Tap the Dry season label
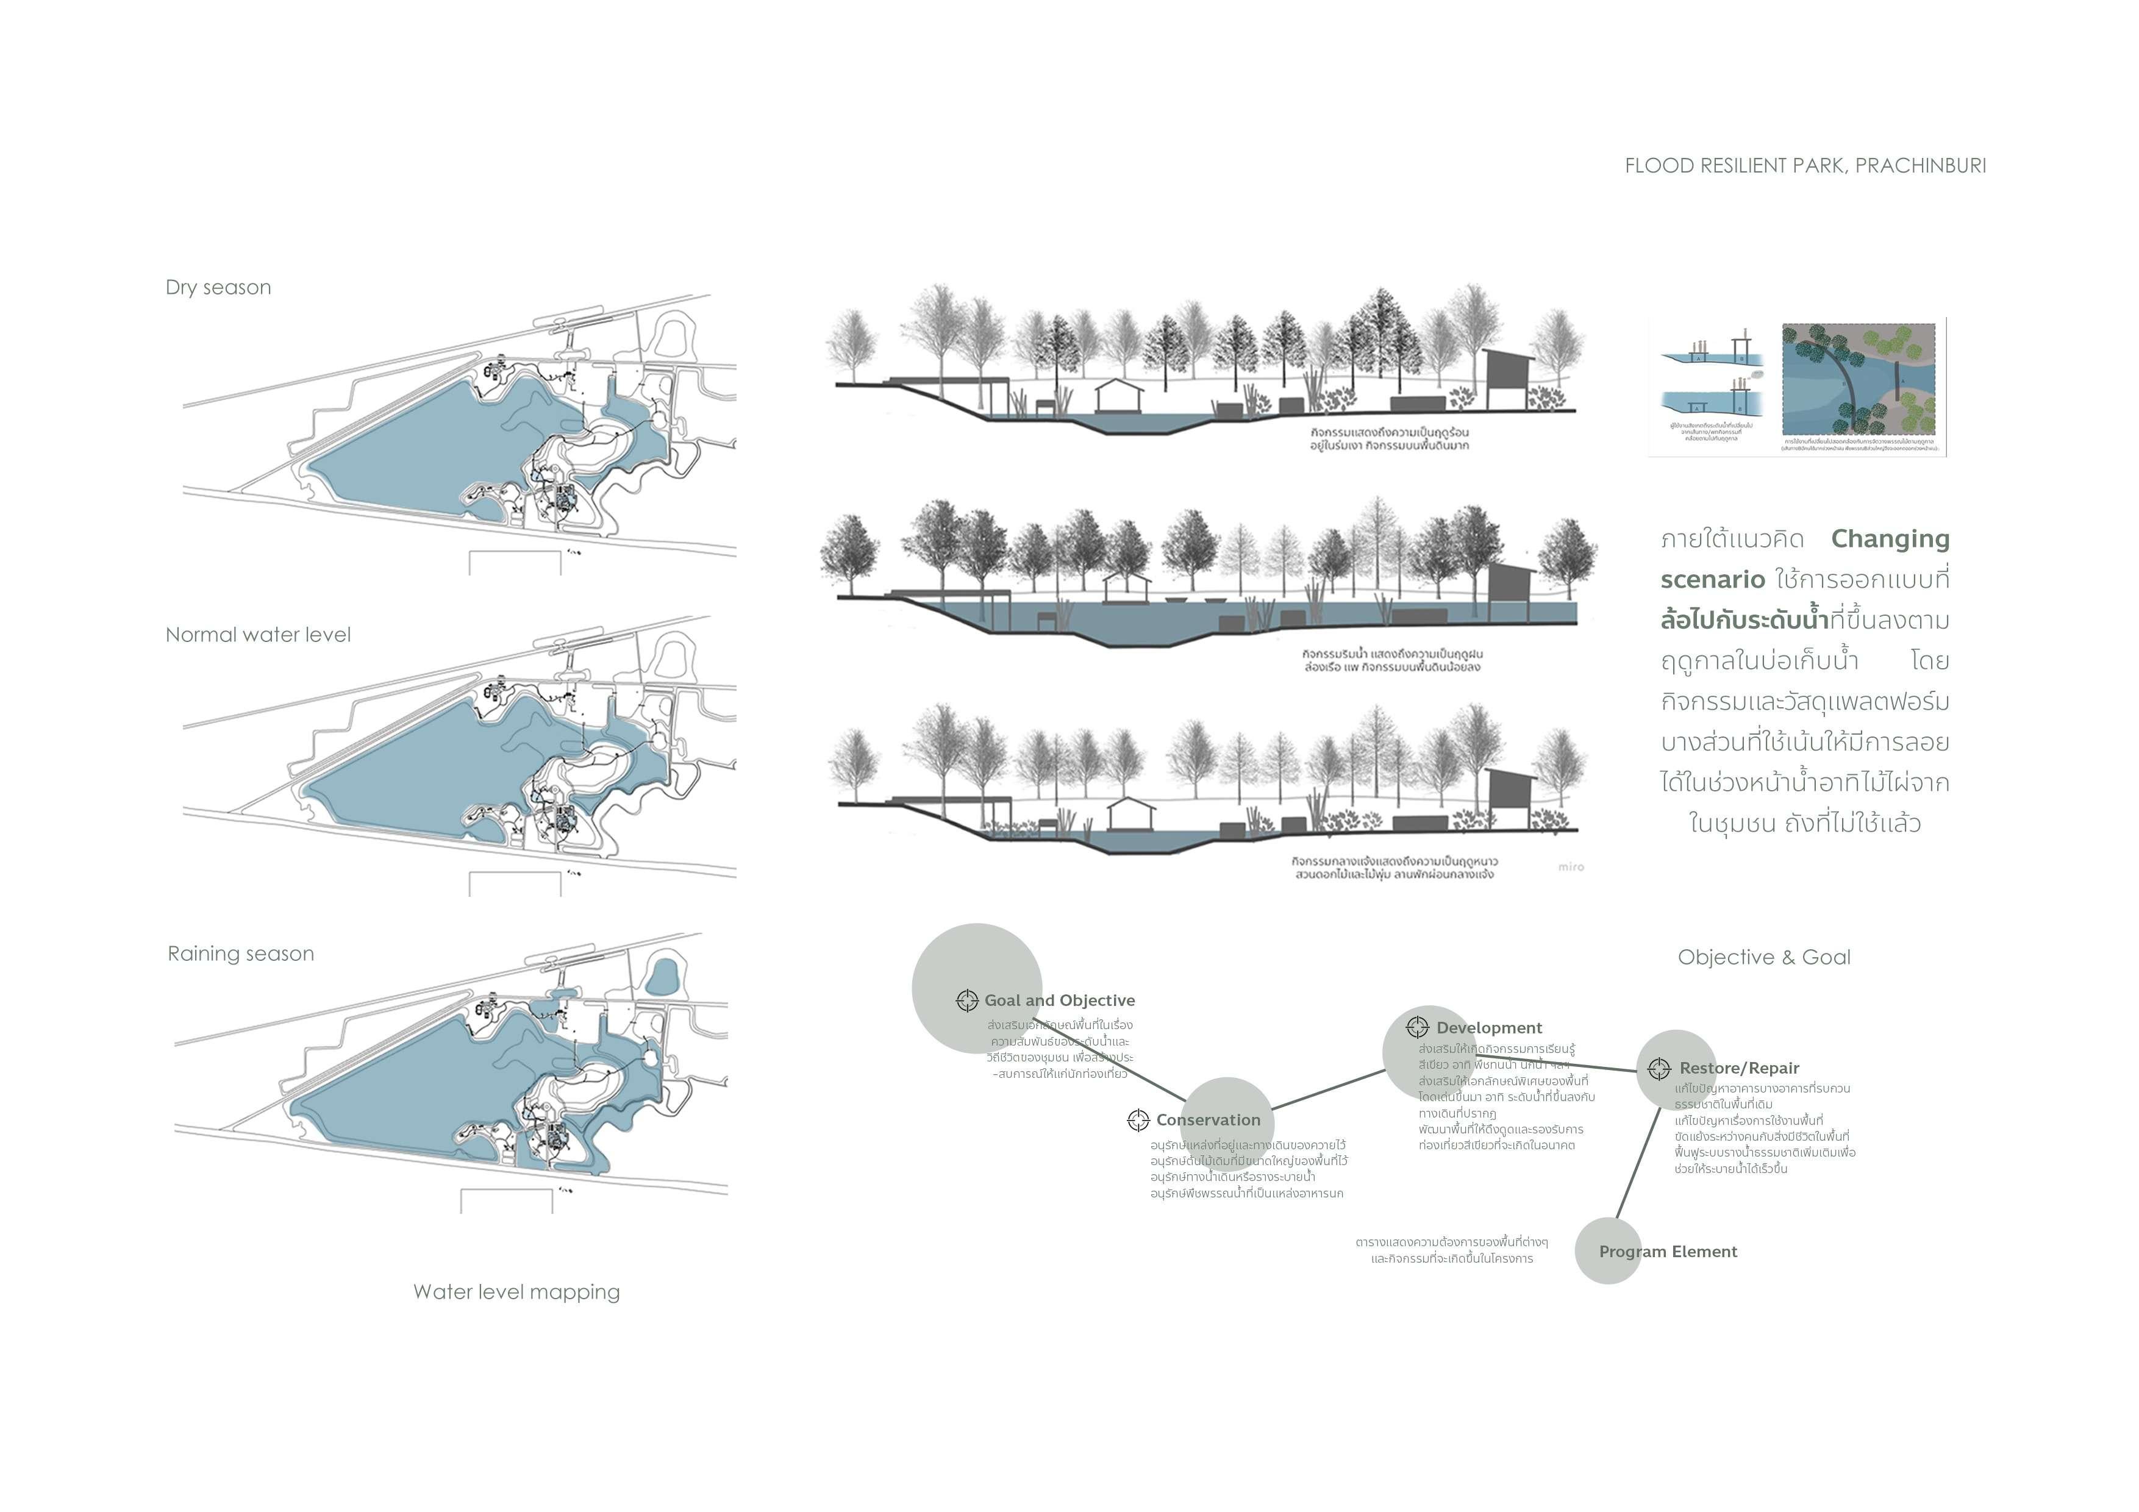point(218,288)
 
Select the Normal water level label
point(258,635)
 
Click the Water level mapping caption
point(516,1292)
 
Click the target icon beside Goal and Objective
point(966,1000)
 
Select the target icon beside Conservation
point(1138,1120)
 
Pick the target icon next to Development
point(1417,1027)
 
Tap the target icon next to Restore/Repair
point(1659,1069)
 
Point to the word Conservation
point(1209,1120)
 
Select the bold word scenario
point(1712,579)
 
